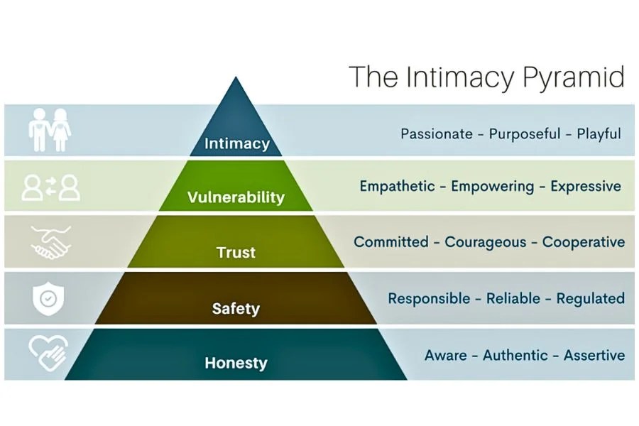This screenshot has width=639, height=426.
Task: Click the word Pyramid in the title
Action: [x=573, y=77]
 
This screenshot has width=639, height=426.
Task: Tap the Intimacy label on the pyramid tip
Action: [x=237, y=143]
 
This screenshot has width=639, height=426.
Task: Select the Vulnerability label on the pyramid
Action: [x=236, y=197]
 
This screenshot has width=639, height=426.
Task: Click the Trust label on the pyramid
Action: [x=236, y=252]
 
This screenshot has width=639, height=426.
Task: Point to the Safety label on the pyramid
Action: [x=236, y=309]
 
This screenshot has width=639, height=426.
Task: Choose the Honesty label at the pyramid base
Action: [x=236, y=363]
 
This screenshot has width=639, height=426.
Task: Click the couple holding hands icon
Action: [x=50, y=130]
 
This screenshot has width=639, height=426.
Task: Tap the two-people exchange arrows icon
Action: [x=51, y=187]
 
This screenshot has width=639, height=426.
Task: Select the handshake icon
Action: [x=51, y=243]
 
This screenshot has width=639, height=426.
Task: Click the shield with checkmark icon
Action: [x=48, y=298]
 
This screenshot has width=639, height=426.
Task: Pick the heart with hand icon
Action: [x=48, y=353]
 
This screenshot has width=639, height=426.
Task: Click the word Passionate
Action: [x=437, y=133]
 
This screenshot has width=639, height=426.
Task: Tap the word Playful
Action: [x=599, y=134]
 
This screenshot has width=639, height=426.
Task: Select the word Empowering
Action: [x=492, y=187]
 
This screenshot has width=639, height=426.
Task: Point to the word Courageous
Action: [x=486, y=242]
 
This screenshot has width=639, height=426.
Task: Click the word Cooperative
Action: [x=584, y=242]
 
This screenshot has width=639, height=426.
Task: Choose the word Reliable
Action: [x=513, y=298]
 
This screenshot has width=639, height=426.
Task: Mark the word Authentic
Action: [x=515, y=355]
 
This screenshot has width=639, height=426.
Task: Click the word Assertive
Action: [x=594, y=355]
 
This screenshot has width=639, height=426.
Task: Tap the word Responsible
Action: [x=429, y=299]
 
